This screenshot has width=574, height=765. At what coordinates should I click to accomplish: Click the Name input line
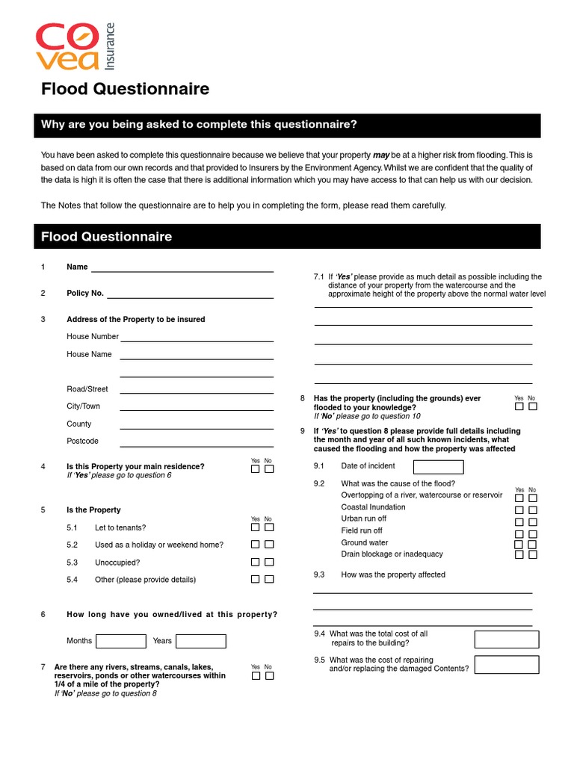[x=182, y=267]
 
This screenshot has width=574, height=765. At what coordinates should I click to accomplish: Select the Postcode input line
[x=196, y=442]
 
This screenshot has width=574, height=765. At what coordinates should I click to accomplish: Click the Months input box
[x=121, y=641]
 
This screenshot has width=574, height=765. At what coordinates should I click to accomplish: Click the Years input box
[x=200, y=641]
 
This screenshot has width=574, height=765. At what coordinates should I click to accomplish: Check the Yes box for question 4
[x=256, y=469]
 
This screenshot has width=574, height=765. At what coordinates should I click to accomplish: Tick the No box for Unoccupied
[x=269, y=562]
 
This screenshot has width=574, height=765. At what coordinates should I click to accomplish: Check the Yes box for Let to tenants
[x=256, y=527]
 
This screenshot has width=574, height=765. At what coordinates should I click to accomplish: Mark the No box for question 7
[x=269, y=675]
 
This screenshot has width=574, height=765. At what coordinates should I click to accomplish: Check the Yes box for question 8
[x=519, y=406]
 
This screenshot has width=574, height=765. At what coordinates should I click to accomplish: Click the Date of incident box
[x=433, y=467]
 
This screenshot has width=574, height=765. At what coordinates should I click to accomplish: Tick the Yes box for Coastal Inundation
[x=519, y=510]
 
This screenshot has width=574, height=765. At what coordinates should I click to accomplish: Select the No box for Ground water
[x=532, y=545]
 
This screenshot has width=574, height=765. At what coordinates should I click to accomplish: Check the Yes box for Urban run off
[x=519, y=522]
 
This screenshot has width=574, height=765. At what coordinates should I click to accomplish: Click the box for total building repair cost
[x=506, y=639]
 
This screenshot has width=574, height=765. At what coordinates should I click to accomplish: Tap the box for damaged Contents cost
[x=506, y=664]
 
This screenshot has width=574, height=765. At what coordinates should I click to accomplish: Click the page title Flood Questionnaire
[x=125, y=90]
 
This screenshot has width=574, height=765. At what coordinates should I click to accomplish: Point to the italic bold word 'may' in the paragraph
[x=382, y=155]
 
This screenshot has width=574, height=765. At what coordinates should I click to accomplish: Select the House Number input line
[x=197, y=337]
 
